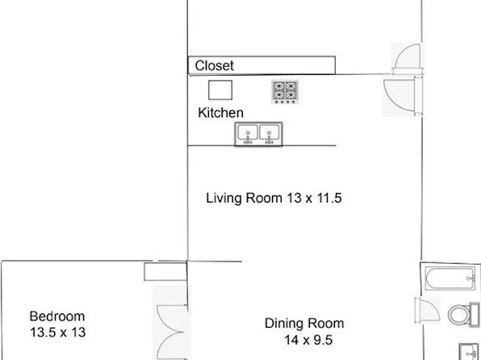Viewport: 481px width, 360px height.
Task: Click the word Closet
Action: [214, 65]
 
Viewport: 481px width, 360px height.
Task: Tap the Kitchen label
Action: [220, 113]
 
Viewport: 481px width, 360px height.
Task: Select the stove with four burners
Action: [285, 92]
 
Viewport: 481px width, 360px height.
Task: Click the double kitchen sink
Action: [258, 134]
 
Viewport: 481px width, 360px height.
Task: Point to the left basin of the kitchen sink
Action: [247, 133]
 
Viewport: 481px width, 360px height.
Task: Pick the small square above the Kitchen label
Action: [220, 90]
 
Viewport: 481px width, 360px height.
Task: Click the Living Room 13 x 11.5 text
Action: [274, 198]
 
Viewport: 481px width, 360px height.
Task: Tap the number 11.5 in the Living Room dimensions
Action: [328, 198]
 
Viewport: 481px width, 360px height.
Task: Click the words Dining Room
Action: [304, 324]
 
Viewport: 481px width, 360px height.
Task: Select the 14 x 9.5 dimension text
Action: [308, 340]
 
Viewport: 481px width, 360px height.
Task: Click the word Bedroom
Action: [57, 316]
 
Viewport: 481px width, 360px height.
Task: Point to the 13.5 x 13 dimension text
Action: [57, 333]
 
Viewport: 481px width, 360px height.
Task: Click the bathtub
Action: [450, 278]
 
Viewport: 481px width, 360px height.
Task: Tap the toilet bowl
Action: [458, 314]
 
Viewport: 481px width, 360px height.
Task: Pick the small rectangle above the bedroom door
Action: [165, 271]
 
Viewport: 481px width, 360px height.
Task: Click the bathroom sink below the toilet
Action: [470, 352]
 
